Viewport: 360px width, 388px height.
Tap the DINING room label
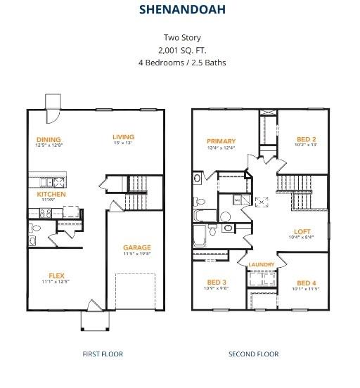point(49,139)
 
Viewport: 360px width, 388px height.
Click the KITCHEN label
point(51,194)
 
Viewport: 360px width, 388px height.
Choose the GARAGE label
point(137,247)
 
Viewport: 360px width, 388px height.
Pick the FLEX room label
point(57,276)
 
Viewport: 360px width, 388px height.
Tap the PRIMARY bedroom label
point(221,141)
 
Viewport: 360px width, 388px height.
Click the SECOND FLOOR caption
point(254,354)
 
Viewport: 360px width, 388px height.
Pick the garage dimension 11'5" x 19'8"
point(136,254)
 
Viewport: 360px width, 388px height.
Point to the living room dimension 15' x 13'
point(124,143)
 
